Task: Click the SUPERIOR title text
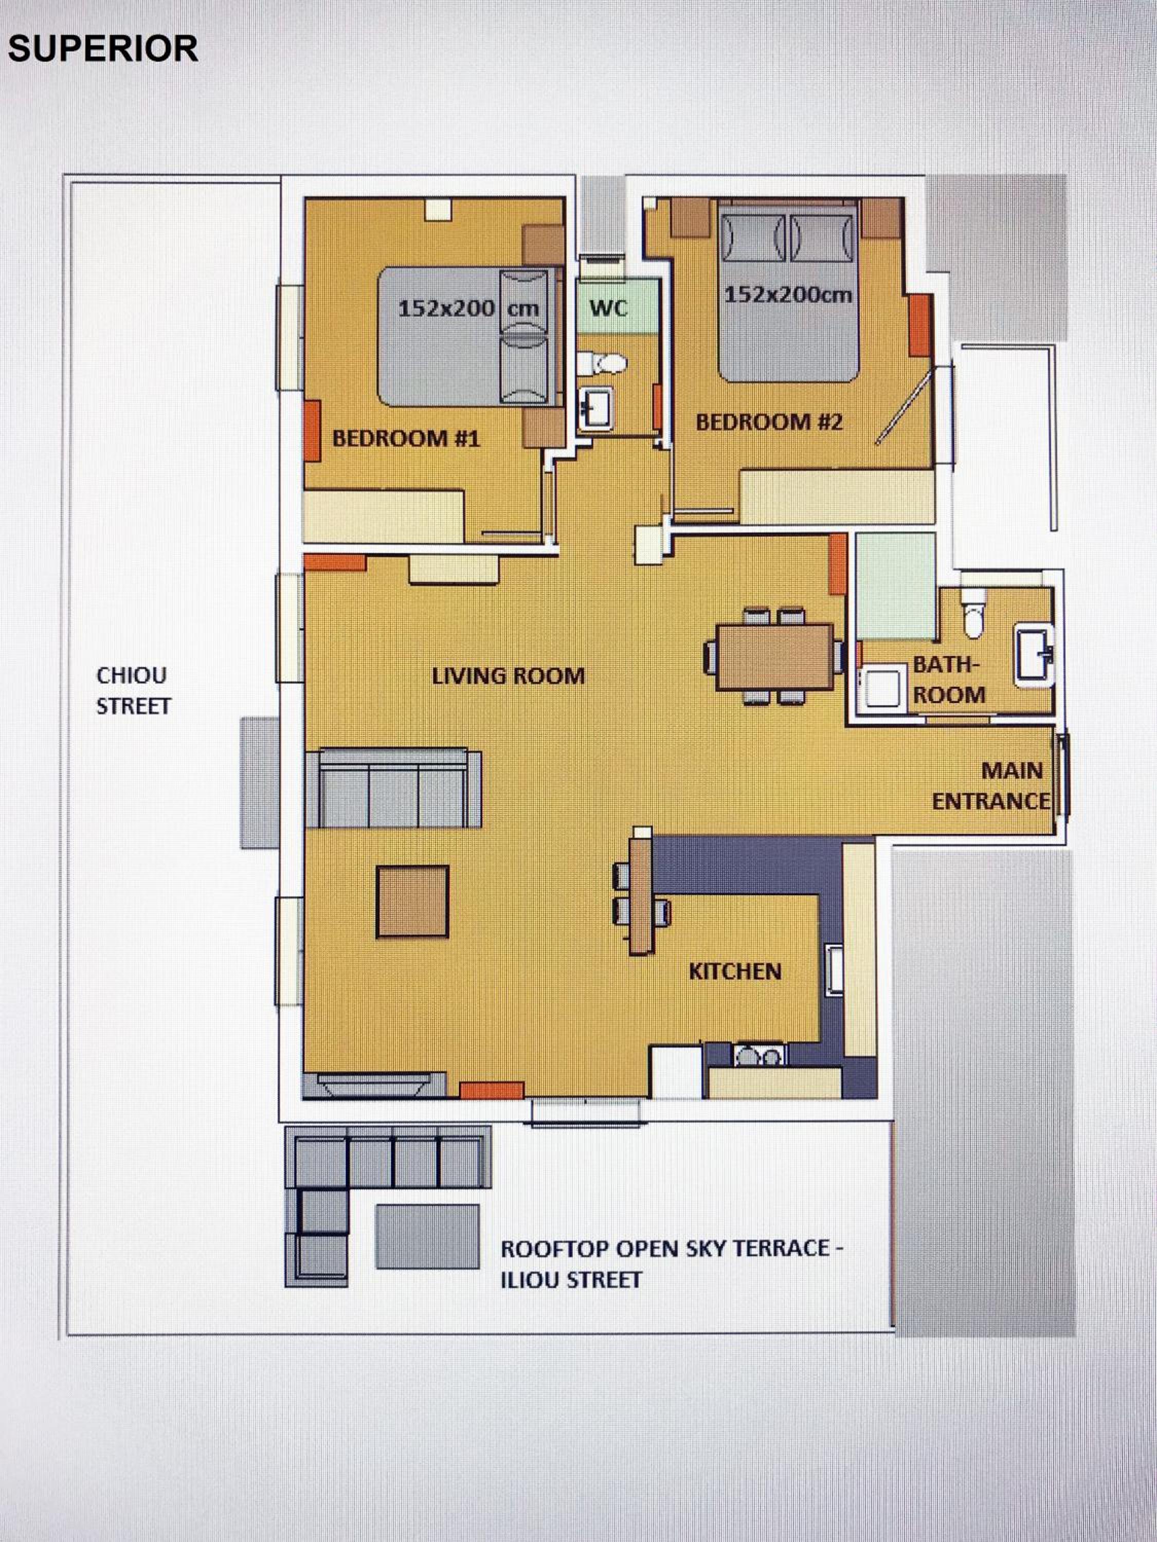pos(102,49)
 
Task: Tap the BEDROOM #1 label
pos(406,438)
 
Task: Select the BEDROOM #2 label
pos(769,422)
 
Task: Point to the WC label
pos(609,307)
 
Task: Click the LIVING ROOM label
pos(508,675)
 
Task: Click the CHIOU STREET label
pos(133,690)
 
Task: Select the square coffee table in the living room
pos(412,902)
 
